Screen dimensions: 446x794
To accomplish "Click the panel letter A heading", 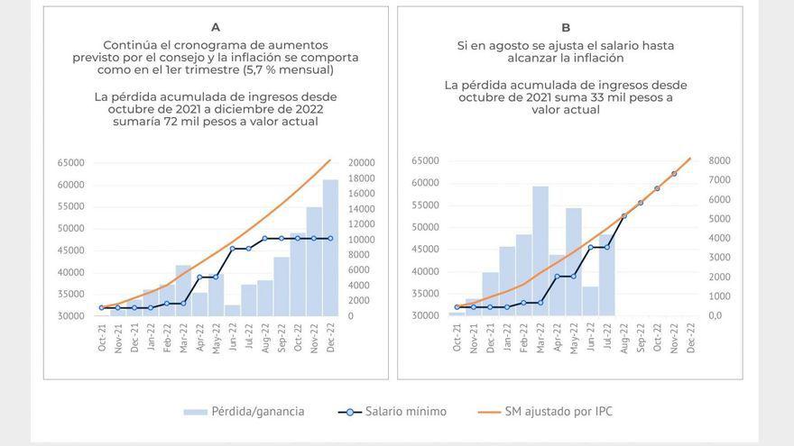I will click(x=216, y=27).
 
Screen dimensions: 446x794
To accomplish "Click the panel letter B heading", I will click(x=566, y=27).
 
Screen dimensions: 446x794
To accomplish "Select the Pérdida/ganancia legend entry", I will click(x=244, y=411).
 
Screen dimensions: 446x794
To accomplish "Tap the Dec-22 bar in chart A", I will click(x=330, y=248).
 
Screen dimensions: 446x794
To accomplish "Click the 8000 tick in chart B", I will click(x=720, y=161).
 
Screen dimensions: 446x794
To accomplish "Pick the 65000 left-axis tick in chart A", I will click(x=71, y=163).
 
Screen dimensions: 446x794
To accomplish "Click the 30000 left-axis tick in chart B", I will click(x=425, y=315).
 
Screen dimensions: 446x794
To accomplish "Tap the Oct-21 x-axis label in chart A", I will click(x=102, y=338).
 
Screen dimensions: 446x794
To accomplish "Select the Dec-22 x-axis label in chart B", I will click(x=691, y=338).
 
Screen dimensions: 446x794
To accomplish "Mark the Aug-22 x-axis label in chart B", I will click(x=623, y=338).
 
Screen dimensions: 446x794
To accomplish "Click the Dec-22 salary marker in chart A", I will click(x=330, y=238).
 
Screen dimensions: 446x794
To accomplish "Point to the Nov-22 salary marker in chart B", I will click(x=674, y=173).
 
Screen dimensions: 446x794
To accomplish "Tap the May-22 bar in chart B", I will click(x=574, y=261).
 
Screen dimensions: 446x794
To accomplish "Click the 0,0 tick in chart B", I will click(x=720, y=315).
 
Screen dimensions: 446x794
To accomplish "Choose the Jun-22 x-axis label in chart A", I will click(x=233, y=338).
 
